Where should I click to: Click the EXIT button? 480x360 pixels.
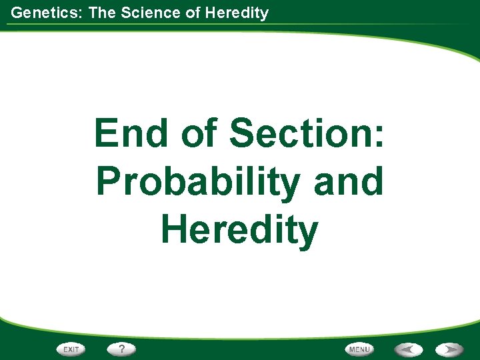click(x=71, y=349)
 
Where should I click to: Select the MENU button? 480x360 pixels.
click(x=359, y=349)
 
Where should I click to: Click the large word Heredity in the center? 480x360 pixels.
click(x=239, y=229)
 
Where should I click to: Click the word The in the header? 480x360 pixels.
click(x=102, y=12)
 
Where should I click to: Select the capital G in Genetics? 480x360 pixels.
click(x=17, y=12)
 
